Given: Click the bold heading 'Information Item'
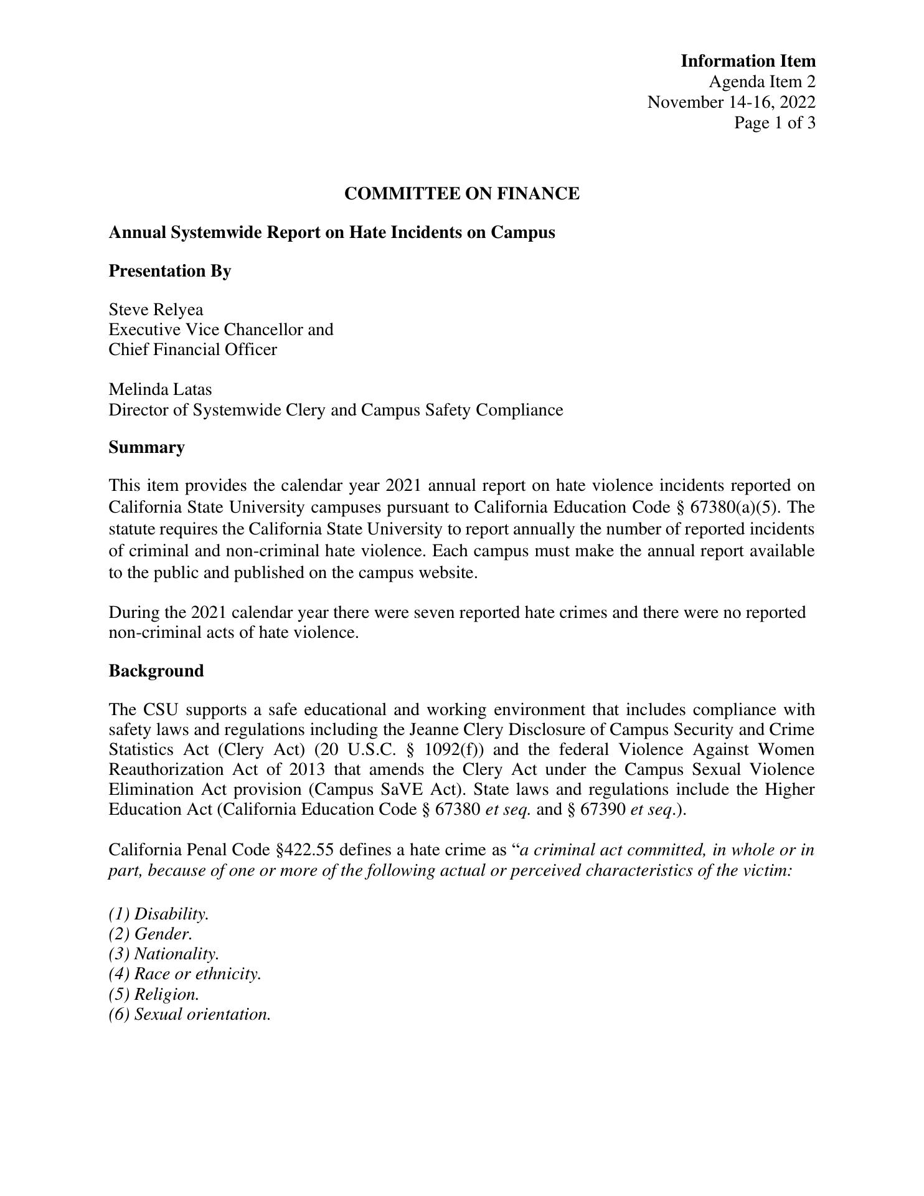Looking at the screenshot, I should pyautogui.click(x=747, y=61).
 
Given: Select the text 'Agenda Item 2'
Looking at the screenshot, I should pyautogui.click(x=761, y=82).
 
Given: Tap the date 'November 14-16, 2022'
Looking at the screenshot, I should pyautogui.click(x=731, y=102).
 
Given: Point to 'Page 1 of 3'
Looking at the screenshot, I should pyautogui.click(x=774, y=123).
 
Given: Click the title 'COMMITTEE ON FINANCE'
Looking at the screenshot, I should pyautogui.click(x=461, y=194).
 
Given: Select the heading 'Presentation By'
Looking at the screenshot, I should pyautogui.click(x=170, y=271).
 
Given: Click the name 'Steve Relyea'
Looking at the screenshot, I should pyautogui.click(x=156, y=310).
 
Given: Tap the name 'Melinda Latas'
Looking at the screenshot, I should pyautogui.click(x=160, y=389).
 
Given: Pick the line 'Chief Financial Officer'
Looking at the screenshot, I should pyautogui.click(x=192, y=349).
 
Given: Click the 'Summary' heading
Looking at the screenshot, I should pyautogui.click(x=146, y=447).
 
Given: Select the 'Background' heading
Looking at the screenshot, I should pyautogui.click(x=156, y=671).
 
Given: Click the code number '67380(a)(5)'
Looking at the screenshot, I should pyautogui.click(x=733, y=508).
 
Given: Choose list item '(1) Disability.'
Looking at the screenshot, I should pyautogui.click(x=159, y=914).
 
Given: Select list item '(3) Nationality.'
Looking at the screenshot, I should pyautogui.click(x=164, y=954).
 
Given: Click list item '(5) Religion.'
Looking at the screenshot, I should pyautogui.click(x=154, y=994).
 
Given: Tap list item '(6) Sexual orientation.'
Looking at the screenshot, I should pyautogui.click(x=190, y=1014).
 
